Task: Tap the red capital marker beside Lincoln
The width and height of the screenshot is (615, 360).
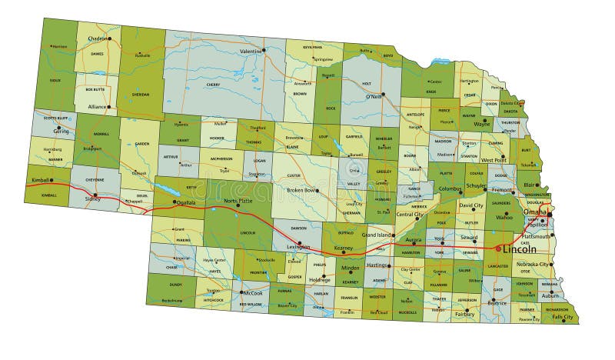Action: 498,248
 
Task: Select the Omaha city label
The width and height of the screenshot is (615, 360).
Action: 534,212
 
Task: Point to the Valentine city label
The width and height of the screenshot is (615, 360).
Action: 250,52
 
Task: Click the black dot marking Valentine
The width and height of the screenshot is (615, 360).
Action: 264,51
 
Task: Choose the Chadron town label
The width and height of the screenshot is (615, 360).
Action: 98,38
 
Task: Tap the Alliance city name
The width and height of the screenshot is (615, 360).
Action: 95,108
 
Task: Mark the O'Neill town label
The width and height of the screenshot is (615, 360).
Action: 374,98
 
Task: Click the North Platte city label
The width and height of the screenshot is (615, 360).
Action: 238,201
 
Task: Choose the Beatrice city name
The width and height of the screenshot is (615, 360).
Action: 497,303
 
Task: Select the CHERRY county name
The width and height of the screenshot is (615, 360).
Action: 213,85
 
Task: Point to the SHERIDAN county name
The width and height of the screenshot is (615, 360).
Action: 141,95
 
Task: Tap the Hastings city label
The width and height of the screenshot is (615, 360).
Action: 377,265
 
